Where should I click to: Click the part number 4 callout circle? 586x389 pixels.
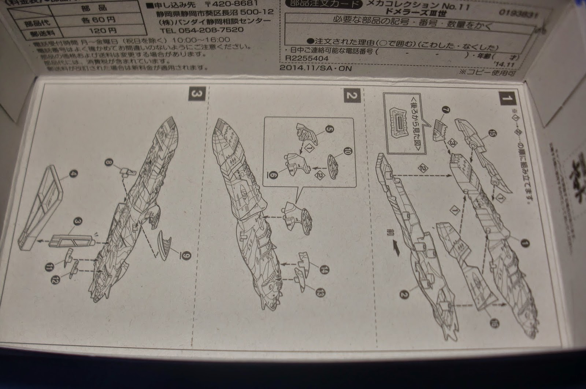tap(67, 179)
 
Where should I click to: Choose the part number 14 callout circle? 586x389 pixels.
tap(323, 270)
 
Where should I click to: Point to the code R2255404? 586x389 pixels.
tap(303, 58)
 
